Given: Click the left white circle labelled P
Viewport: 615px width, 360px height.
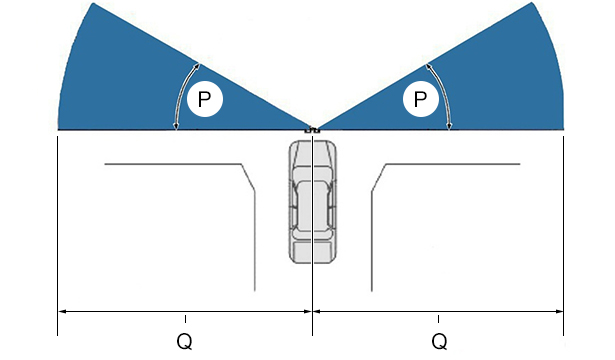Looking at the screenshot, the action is (205, 99).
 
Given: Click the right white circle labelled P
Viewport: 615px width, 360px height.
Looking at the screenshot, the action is (420, 99).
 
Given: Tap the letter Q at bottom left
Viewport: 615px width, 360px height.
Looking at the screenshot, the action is (184, 341).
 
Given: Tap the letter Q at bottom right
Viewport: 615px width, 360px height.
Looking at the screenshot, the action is (439, 341).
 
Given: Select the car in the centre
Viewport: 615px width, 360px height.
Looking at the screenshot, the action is (313, 202).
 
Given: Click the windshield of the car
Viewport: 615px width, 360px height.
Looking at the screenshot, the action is (313, 173).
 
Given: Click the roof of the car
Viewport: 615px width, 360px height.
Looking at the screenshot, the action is (313, 206).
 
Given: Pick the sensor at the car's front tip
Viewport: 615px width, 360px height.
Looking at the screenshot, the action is (313, 130).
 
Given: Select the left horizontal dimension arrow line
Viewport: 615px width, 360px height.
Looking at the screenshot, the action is (185, 312).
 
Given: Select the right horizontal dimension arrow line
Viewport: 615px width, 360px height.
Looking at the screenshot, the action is (438, 312).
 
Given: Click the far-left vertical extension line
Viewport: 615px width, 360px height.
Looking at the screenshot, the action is (58, 236).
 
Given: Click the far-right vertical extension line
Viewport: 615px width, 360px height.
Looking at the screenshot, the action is (564, 236).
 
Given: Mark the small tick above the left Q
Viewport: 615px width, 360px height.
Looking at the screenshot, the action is (186, 319).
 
